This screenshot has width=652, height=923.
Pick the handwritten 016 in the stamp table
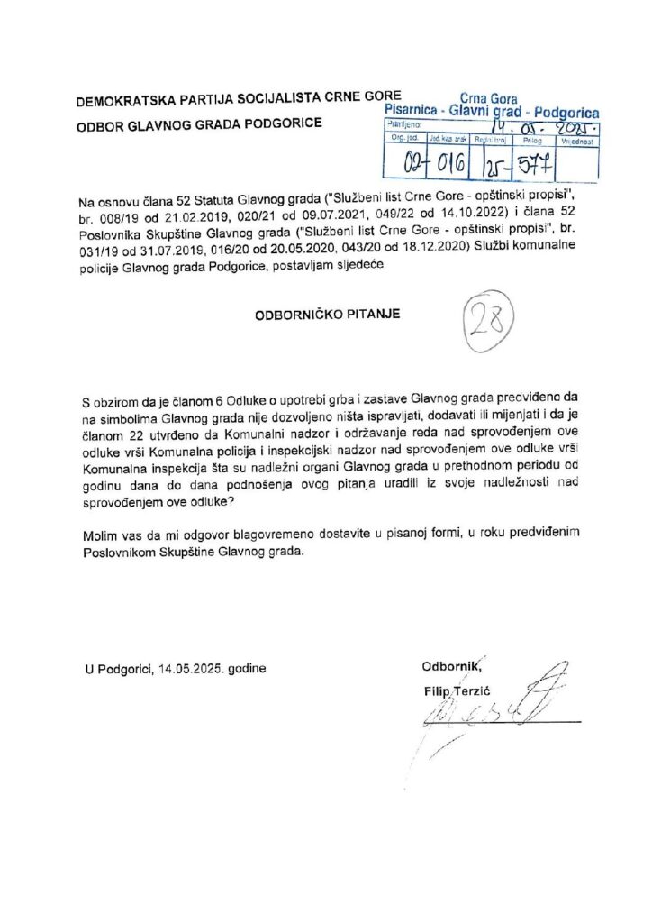click(x=448, y=165)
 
